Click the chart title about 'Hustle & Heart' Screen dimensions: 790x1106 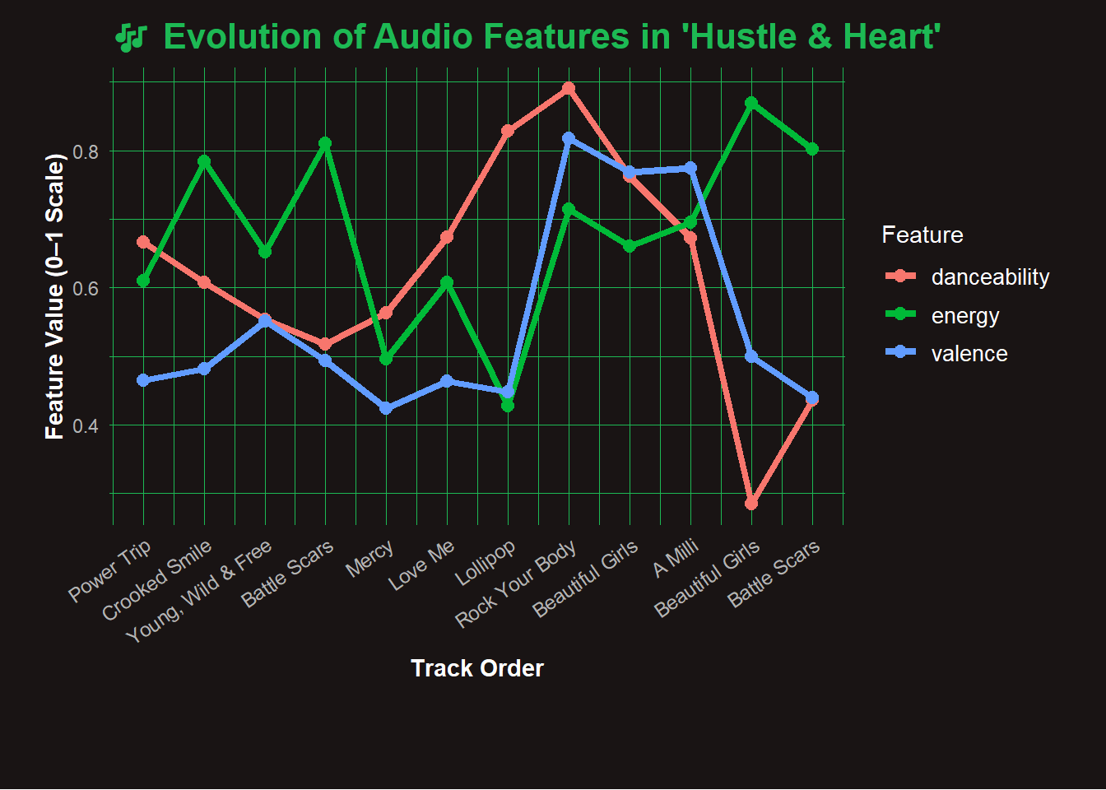[551, 38]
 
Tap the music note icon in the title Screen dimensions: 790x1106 [131, 38]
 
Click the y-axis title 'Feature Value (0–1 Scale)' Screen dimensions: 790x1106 [54, 296]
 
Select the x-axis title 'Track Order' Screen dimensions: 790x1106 [477, 668]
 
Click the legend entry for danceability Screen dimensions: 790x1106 [990, 277]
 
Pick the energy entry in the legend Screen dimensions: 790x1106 [964, 316]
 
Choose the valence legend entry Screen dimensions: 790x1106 [969, 354]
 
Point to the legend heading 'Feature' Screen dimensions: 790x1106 [922, 235]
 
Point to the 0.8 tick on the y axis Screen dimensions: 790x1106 [86, 151]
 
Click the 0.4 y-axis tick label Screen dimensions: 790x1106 [86, 425]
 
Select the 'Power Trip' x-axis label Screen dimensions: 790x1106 [110, 570]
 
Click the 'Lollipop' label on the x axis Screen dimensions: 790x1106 [486, 562]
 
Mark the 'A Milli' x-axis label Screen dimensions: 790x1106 [676, 557]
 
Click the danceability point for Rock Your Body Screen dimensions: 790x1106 [569, 88]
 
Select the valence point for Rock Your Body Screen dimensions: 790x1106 [569, 138]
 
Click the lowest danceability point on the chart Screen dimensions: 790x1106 [751, 504]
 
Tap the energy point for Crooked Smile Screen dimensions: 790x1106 [204, 161]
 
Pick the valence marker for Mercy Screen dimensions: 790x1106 [386, 409]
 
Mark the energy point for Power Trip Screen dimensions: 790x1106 [143, 281]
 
